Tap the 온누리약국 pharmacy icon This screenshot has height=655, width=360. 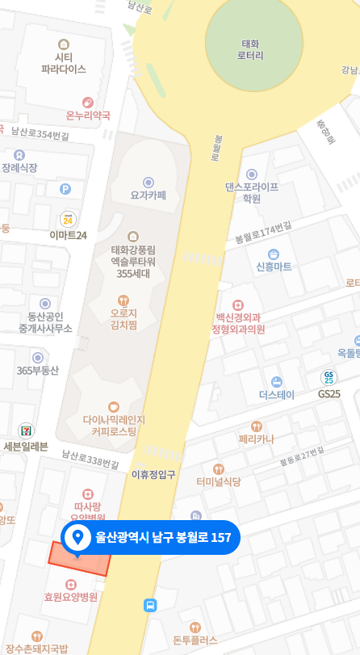click(x=88, y=103)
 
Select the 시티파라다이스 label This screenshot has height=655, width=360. click(x=64, y=64)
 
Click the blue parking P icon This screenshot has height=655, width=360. click(x=65, y=189)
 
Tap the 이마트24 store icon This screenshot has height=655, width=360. click(x=68, y=218)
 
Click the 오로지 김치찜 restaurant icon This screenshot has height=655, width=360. click(x=123, y=300)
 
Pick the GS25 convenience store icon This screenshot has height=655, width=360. click(x=329, y=377)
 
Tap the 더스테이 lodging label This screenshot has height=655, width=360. click(x=276, y=395)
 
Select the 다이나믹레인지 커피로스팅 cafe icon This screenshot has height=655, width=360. click(x=113, y=406)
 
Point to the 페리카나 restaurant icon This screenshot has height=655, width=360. click(x=257, y=426)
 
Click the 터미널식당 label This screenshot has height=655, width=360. click(x=218, y=481)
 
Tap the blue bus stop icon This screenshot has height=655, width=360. click(x=150, y=605)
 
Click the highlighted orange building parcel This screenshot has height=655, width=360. click(x=78, y=559)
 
